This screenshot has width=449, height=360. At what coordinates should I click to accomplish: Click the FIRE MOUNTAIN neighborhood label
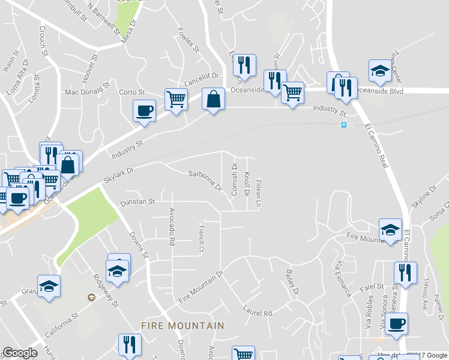182,326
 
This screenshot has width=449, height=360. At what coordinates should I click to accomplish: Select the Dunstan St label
137,202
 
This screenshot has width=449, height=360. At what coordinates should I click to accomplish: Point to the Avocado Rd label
172,226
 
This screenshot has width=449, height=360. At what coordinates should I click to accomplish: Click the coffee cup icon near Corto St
144,111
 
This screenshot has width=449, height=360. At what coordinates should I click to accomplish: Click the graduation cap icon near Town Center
379,72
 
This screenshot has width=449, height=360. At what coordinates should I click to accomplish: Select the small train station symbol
344,125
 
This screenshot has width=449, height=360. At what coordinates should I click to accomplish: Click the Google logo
20,353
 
